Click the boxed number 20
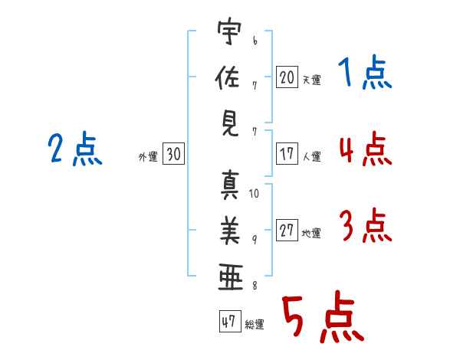[x=287, y=77]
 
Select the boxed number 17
[x=287, y=153]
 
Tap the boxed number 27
[x=287, y=231]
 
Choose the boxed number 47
[x=228, y=322]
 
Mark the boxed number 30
[x=173, y=154]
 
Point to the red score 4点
[x=364, y=149]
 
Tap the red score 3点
[x=364, y=226]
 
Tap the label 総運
[x=255, y=325]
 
